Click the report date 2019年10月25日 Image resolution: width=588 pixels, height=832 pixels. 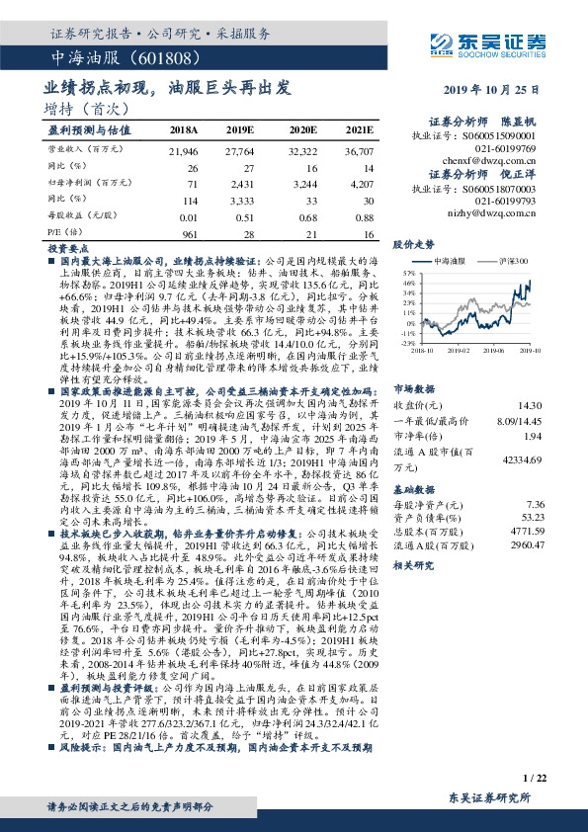(490, 90)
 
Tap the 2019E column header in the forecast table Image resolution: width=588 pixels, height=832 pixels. (241, 129)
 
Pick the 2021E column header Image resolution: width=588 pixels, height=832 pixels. (358, 129)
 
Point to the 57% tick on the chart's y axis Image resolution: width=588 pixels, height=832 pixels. (406, 269)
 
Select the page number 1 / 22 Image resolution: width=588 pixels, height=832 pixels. (533, 781)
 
